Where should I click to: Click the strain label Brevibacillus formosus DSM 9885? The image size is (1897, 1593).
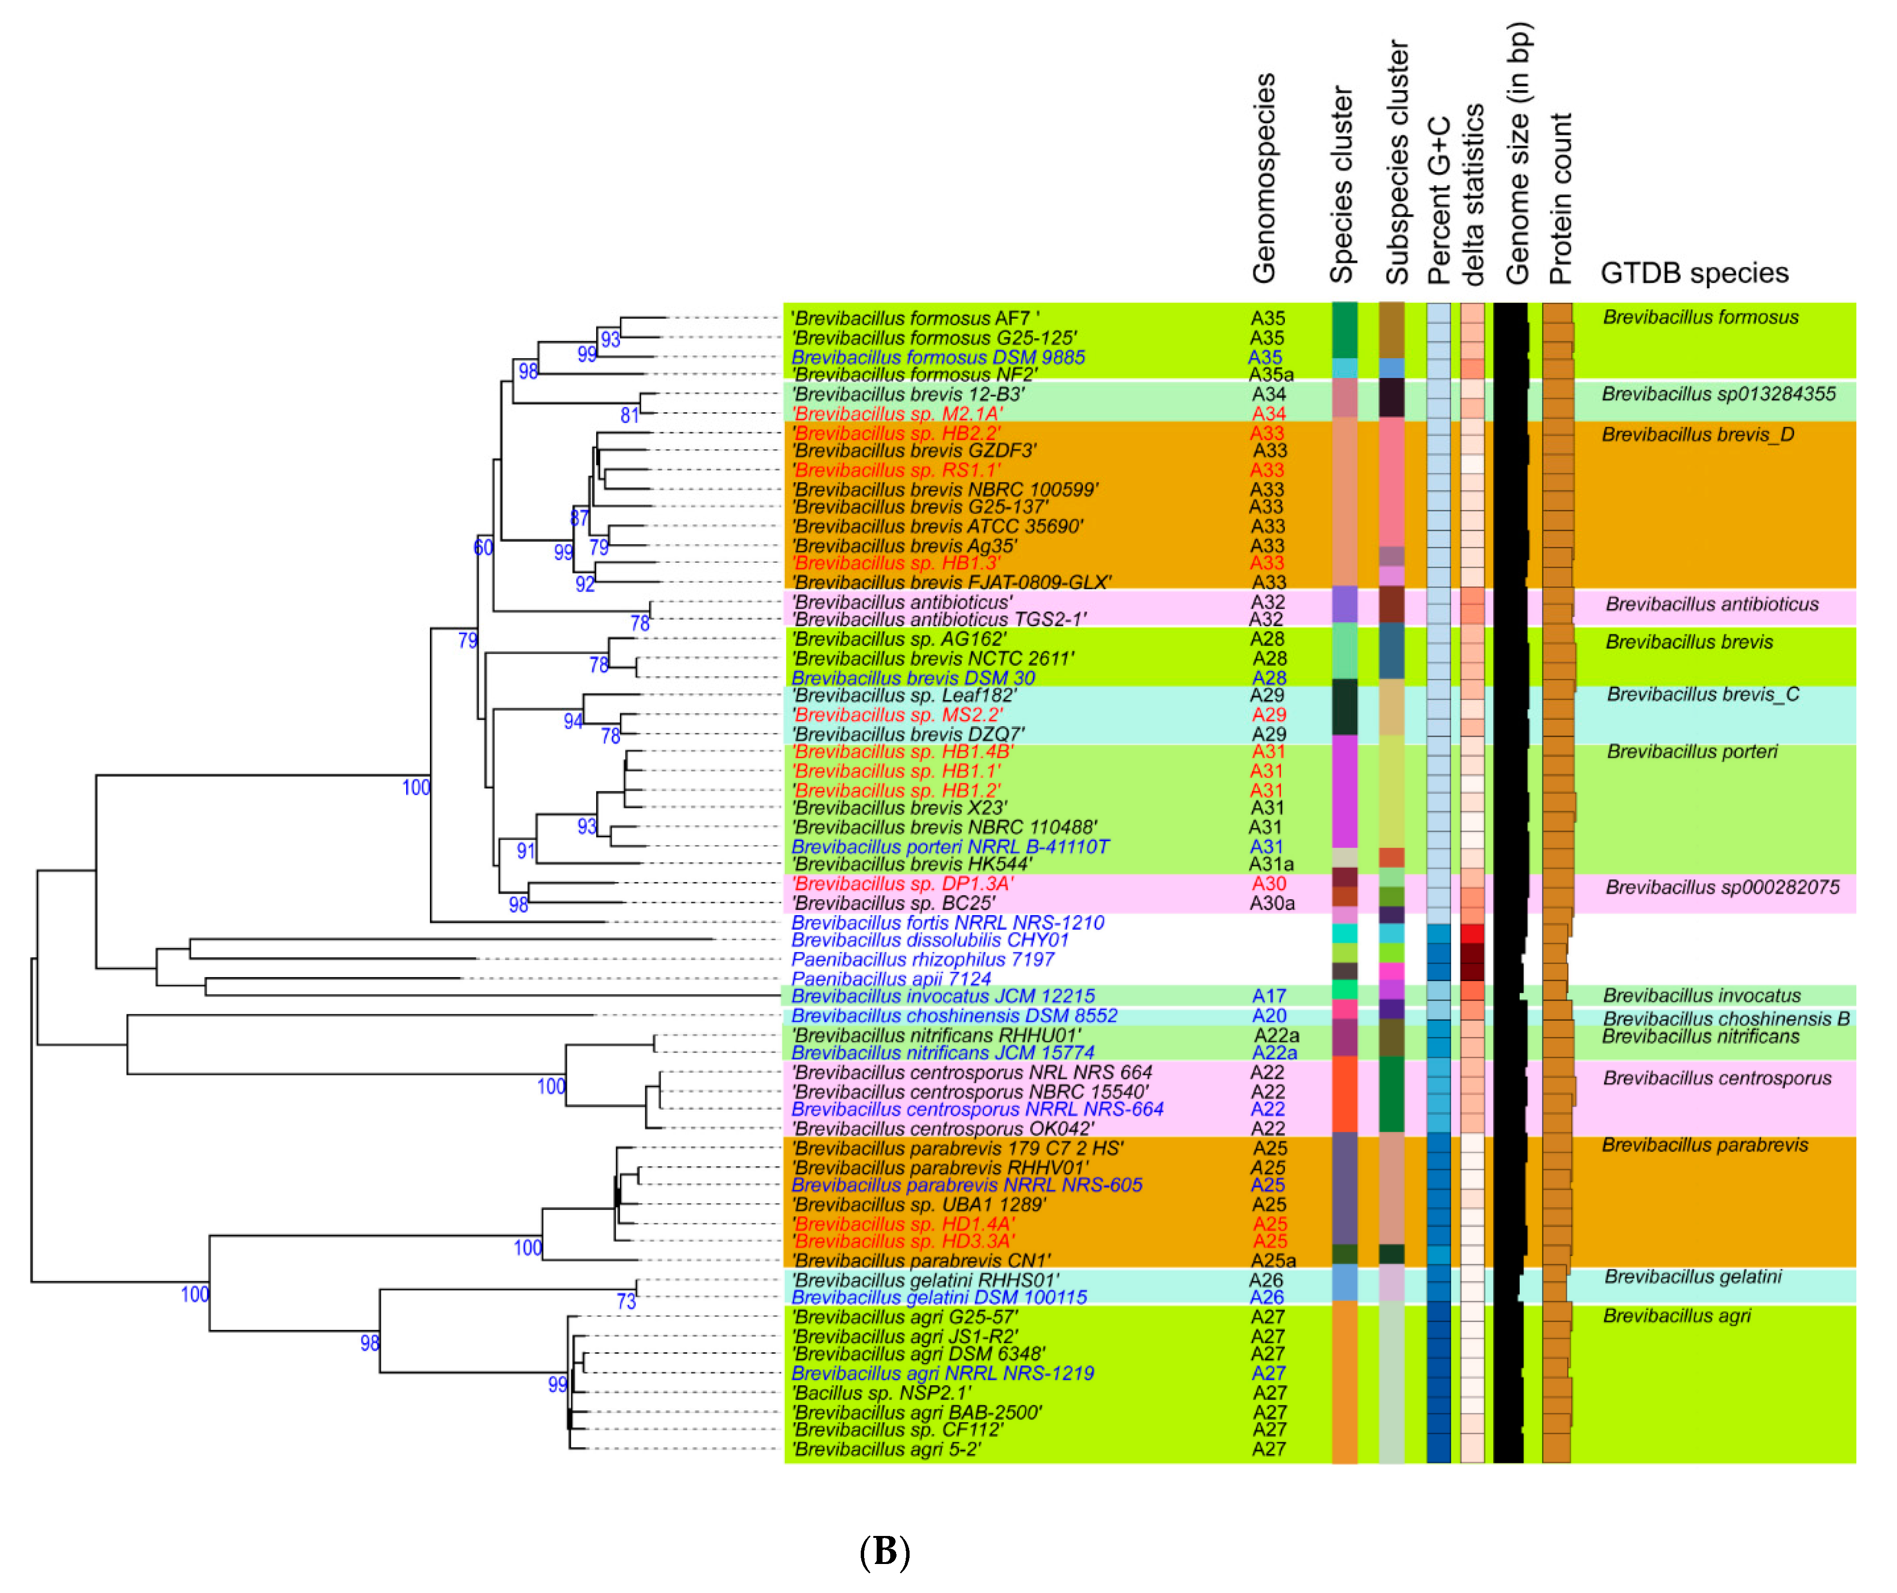point(938,357)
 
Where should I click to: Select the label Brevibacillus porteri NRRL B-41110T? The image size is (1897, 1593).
point(950,846)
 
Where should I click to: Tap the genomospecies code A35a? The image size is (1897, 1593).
point(1271,375)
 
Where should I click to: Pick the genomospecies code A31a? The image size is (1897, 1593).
point(1271,864)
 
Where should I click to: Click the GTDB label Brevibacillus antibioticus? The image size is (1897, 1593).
point(1712,604)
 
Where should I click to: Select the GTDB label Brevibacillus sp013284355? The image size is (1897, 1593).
point(1718,394)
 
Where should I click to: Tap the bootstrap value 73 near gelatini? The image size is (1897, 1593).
point(626,1301)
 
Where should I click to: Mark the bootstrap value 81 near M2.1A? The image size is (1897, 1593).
point(630,415)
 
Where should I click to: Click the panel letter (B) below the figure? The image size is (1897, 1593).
point(884,1551)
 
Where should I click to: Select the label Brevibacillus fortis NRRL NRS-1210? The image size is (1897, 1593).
point(948,922)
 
